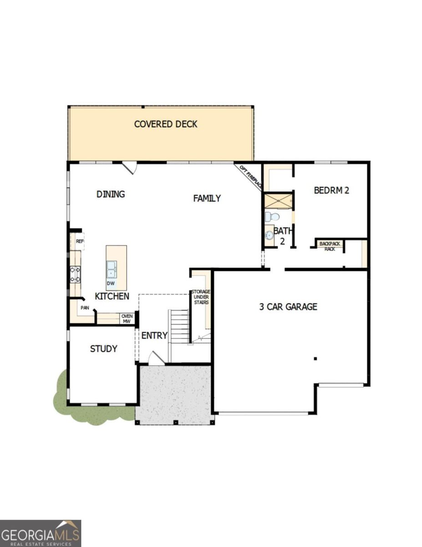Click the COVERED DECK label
166,124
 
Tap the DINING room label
111,194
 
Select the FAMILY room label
207,198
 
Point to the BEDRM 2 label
331,191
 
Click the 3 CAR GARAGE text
288,307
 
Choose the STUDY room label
103,349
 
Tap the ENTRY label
154,336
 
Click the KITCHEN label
112,296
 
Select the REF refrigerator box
80,241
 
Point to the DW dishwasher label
110,283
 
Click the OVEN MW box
127,318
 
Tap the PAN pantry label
85,308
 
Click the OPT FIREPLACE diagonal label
251,177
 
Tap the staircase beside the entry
178,326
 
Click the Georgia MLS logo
41,533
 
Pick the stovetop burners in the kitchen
75,274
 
